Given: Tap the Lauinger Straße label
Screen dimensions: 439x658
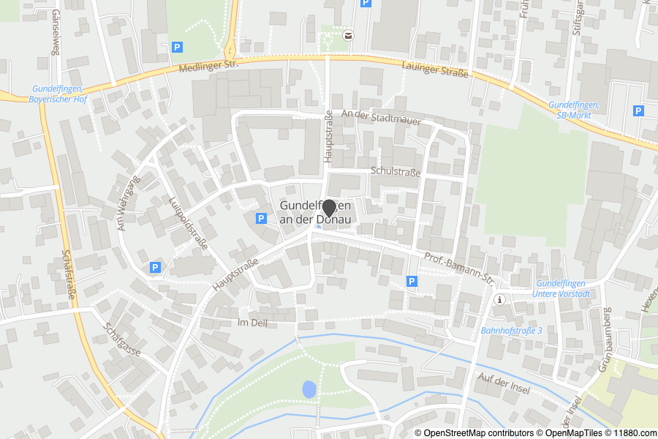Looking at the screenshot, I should tap(435, 71).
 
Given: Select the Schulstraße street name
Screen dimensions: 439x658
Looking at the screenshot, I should tap(396, 173).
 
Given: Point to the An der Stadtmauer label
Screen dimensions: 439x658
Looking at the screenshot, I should tap(381, 117).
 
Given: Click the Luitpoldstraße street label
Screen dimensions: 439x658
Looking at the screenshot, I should tap(188, 222).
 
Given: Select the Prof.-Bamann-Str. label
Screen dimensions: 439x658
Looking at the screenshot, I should tap(460, 268).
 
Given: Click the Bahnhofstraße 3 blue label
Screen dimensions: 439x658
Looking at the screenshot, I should tap(511, 331).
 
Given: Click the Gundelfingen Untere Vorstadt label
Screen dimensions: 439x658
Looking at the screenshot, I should tap(562, 288).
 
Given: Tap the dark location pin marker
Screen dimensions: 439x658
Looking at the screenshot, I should tap(329, 209).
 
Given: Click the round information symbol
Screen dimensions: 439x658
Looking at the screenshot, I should tap(500, 300).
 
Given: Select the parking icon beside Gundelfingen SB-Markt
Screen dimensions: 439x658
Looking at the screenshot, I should tap(638, 111).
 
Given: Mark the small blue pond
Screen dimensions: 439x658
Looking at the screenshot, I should tap(309, 389).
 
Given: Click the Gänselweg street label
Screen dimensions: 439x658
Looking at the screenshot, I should tap(55, 37).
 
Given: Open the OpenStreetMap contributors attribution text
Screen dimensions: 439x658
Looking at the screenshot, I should tap(474, 433).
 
